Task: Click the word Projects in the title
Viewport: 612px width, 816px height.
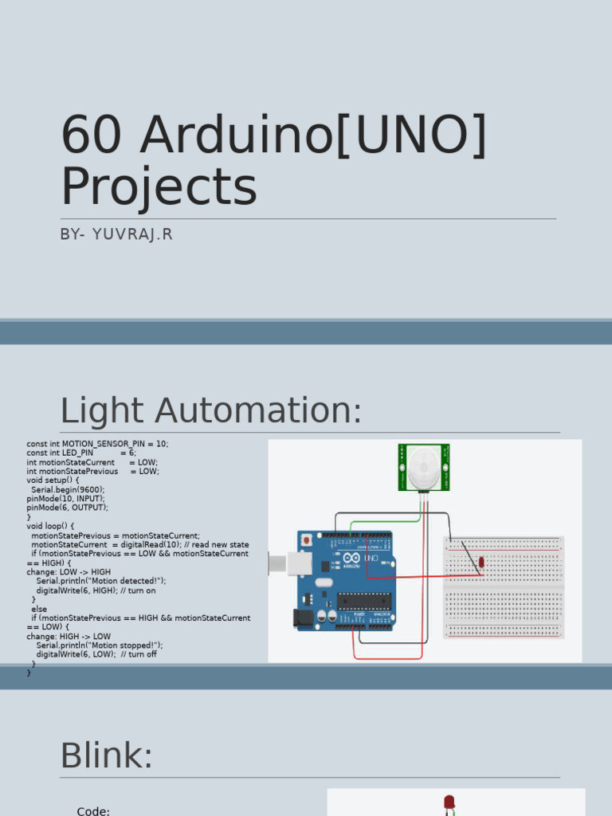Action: point(159,187)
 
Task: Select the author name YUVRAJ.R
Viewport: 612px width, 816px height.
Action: point(132,234)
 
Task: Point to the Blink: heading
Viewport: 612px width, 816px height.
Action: point(106,755)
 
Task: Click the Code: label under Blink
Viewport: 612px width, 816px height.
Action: point(93,810)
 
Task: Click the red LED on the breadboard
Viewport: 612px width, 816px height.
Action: point(481,562)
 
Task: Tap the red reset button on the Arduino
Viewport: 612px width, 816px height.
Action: point(307,540)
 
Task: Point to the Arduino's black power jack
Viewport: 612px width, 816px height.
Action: point(302,618)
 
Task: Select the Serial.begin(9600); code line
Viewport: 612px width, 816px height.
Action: point(68,490)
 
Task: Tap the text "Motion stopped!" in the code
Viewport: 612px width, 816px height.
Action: point(120,645)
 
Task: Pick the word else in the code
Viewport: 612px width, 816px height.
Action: point(39,609)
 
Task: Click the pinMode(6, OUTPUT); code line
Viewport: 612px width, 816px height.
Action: point(67,508)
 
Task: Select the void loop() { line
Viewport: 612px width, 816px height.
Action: point(50,526)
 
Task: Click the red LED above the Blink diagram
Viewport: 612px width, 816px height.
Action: point(449,801)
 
